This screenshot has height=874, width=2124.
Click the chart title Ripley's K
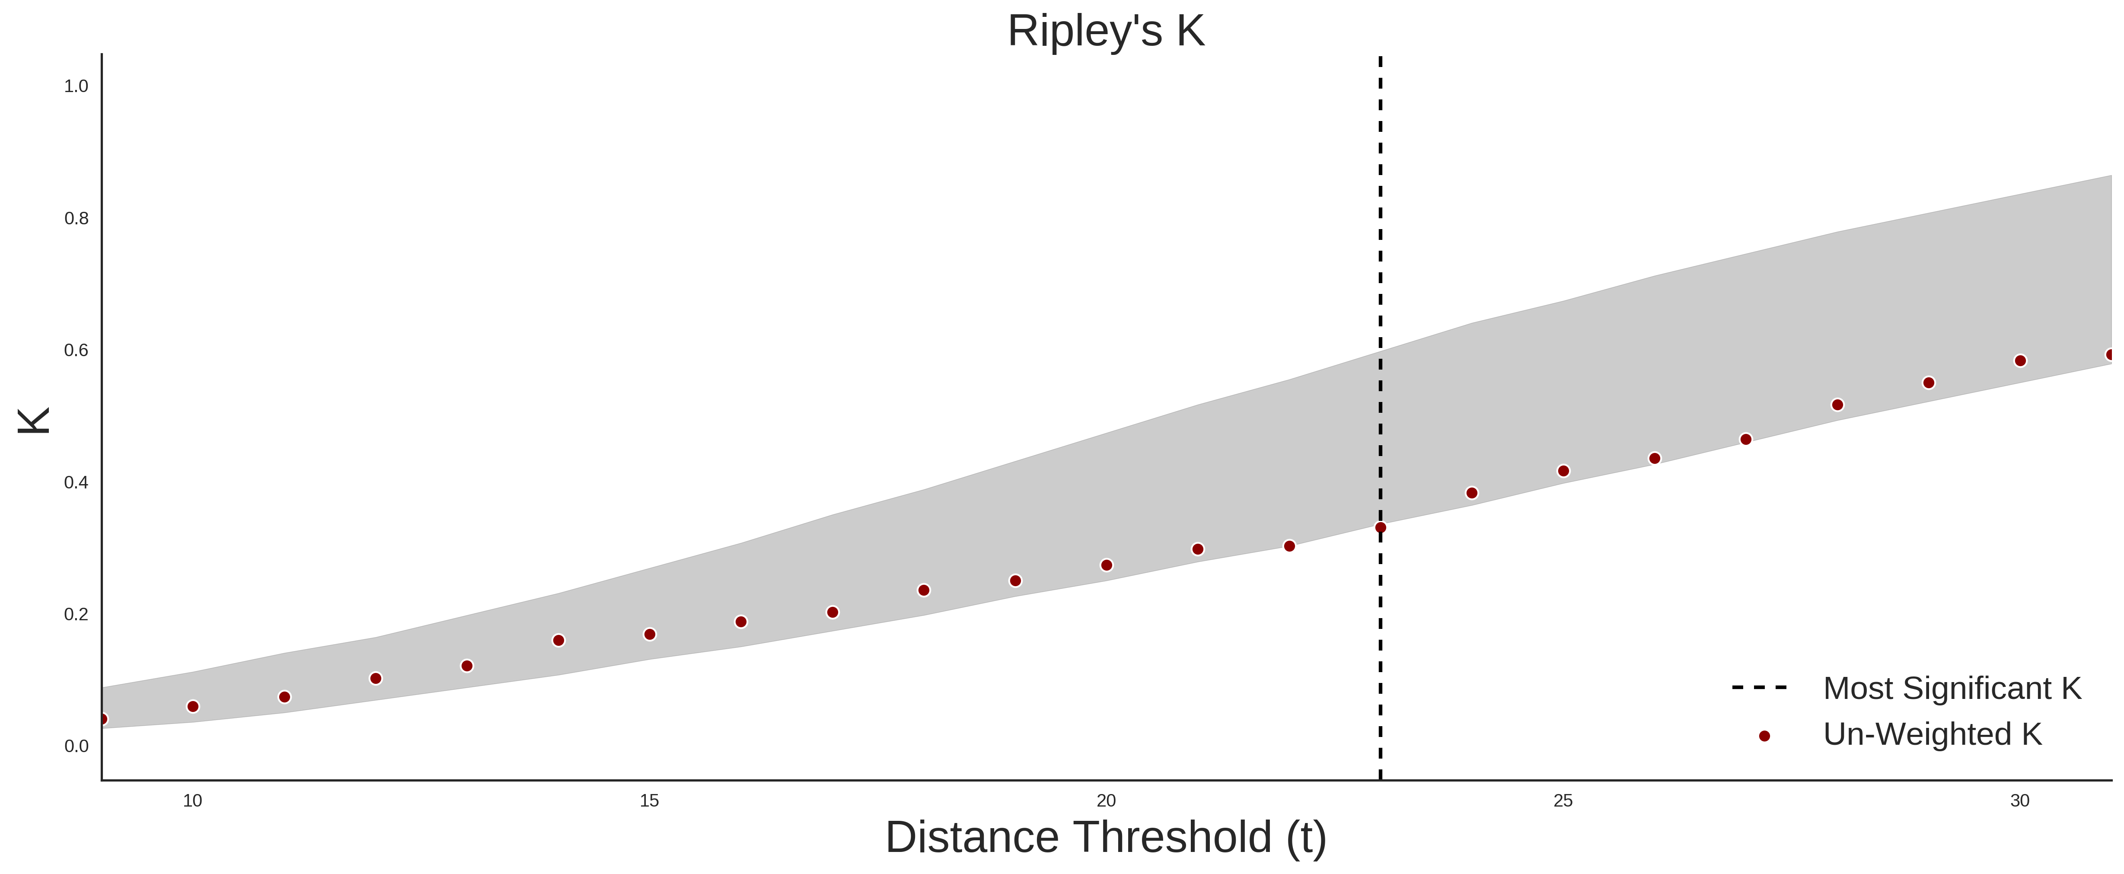coord(1106,31)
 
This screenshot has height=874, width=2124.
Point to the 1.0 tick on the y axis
coord(76,86)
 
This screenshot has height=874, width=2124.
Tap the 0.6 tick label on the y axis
coord(76,351)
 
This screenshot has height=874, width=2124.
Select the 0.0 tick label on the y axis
coord(76,746)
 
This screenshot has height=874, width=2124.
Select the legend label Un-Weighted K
coord(1933,734)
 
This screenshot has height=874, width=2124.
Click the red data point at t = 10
coord(193,707)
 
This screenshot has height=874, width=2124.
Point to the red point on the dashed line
coord(1380,528)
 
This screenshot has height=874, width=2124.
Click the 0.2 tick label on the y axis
coord(76,614)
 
